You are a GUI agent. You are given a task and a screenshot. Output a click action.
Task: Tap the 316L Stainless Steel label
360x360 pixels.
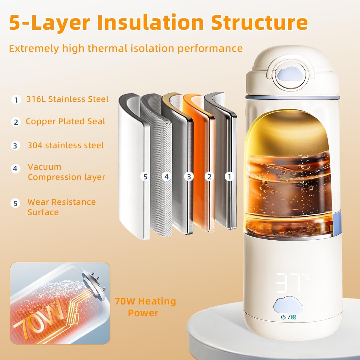67,99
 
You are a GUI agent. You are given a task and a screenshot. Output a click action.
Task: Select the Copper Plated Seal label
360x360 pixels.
65,121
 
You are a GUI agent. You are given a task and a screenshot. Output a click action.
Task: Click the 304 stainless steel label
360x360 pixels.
65,145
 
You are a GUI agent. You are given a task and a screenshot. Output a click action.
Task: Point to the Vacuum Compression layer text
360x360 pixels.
66,172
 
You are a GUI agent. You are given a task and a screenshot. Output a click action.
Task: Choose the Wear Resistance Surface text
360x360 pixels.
61,207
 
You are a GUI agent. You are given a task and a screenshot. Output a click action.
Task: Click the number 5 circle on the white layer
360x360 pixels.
145,177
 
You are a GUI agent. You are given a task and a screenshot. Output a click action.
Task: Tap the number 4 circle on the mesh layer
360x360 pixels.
166,177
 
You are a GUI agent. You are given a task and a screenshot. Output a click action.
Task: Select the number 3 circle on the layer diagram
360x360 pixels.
189,177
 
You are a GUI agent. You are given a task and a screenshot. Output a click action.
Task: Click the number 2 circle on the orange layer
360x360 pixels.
209,177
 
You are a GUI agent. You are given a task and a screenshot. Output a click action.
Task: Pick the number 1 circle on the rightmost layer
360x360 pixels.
229,177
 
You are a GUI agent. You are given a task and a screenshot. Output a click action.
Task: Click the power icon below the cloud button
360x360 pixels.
283,317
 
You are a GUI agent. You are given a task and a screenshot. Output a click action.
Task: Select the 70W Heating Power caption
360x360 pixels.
145,307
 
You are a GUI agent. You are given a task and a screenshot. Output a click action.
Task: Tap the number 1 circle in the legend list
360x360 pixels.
16,100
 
